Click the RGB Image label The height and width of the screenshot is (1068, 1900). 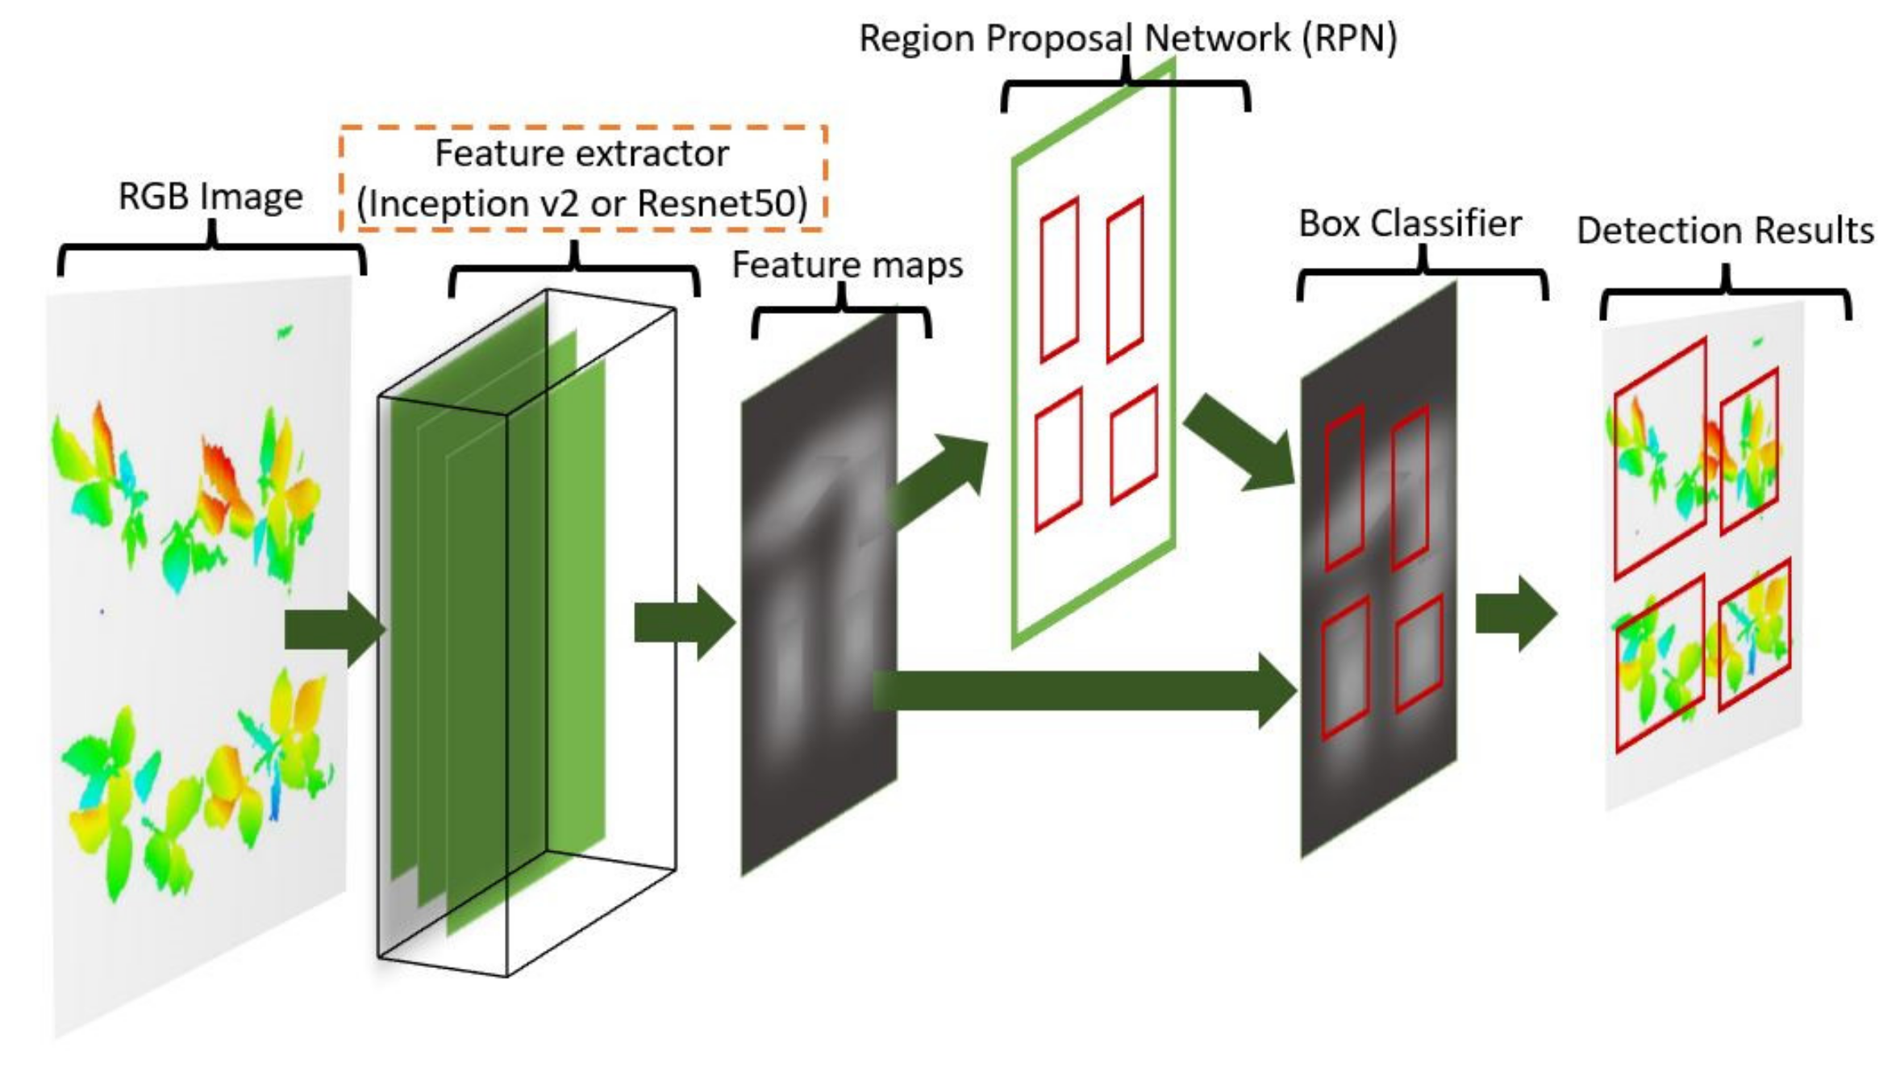[210, 197]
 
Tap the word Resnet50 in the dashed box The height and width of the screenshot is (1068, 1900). [722, 203]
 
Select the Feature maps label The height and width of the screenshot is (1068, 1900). [847, 265]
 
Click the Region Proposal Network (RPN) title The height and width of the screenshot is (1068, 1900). [1127, 38]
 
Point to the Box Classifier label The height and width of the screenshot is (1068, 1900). [1410, 223]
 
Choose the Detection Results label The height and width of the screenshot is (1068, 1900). [1724, 231]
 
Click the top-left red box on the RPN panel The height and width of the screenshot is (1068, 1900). [1059, 280]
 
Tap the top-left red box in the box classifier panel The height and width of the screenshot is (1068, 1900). [1344, 488]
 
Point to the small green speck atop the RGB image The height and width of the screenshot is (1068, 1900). [284, 331]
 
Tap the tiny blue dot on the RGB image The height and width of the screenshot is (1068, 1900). [102, 611]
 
